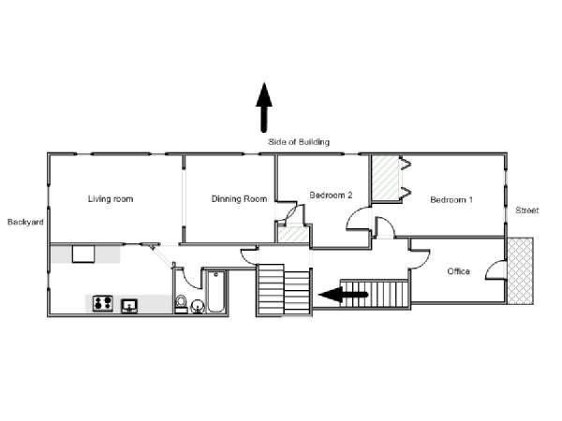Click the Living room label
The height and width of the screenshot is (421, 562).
coord(111,199)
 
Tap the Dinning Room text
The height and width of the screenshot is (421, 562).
coord(239,199)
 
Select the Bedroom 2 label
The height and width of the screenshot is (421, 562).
coord(331,196)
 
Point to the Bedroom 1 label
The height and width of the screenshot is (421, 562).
coord(451,200)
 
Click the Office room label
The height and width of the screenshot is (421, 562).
coord(458,271)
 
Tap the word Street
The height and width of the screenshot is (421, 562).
coord(526,210)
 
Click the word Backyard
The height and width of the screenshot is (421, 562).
coord(25,222)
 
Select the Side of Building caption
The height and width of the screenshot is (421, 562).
coord(299,142)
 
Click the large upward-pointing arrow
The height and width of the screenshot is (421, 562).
coord(264,108)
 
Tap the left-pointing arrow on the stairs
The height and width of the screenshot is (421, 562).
coord(343,295)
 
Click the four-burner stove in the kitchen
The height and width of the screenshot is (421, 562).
coord(102,303)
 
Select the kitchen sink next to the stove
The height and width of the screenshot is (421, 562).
coord(129,306)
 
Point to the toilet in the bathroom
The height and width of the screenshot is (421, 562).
coord(182,304)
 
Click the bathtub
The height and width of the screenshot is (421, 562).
coord(216,292)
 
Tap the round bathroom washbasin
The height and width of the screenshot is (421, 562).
coord(197,307)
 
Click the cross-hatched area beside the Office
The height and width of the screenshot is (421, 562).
coord(521,271)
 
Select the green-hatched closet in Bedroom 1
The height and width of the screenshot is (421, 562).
coord(385,178)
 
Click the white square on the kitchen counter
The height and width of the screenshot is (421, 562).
coord(83,254)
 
